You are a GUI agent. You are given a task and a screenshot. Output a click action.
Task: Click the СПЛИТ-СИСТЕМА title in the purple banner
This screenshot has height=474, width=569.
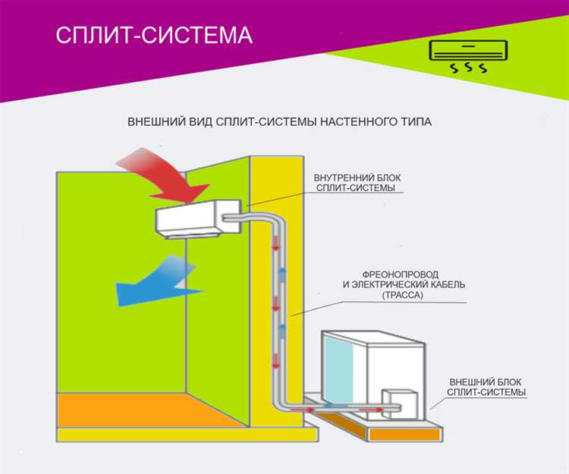pyautogui.click(x=154, y=36)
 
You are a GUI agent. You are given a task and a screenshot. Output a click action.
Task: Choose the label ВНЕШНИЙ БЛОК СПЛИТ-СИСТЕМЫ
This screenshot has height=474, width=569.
pyautogui.click(x=486, y=386)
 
